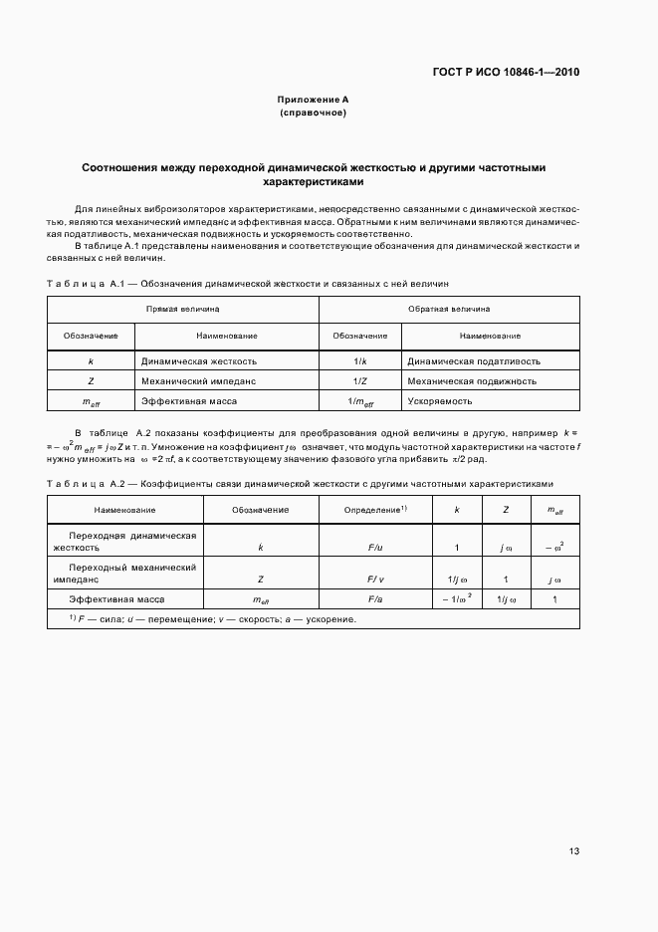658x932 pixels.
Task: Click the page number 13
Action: point(573,851)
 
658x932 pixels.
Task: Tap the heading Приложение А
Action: point(313,100)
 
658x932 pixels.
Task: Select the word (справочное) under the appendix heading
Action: point(313,114)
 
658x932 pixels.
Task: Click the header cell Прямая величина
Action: point(183,310)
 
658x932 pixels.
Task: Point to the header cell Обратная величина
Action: point(449,310)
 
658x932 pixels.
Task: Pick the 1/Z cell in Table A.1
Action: point(359,380)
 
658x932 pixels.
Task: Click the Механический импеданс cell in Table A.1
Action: point(199,380)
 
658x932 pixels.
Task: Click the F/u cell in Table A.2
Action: point(375,547)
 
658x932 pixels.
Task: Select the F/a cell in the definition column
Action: point(375,599)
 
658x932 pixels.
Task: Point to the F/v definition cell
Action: point(375,579)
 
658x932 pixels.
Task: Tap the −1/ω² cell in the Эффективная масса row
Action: point(456,599)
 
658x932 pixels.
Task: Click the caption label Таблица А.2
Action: point(85,483)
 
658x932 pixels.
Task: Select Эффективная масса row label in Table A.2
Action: point(116,599)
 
